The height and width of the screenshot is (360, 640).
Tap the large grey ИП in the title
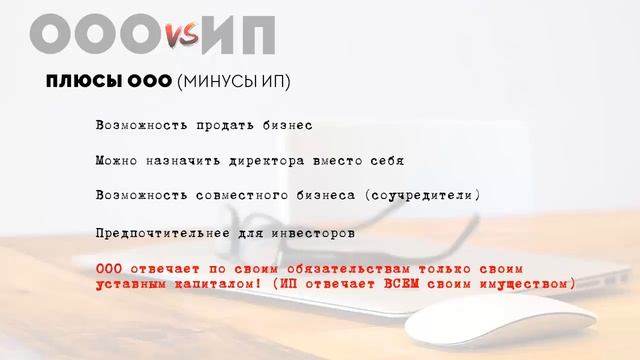pyautogui.click(x=237, y=36)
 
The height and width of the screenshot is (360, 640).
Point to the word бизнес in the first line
pyautogui.click(x=287, y=126)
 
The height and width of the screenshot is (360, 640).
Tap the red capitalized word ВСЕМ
pyautogui.click(x=428, y=285)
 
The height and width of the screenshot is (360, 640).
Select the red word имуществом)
pyautogui.click(x=535, y=285)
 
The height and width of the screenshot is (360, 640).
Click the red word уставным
pyautogui.click(x=130, y=285)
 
